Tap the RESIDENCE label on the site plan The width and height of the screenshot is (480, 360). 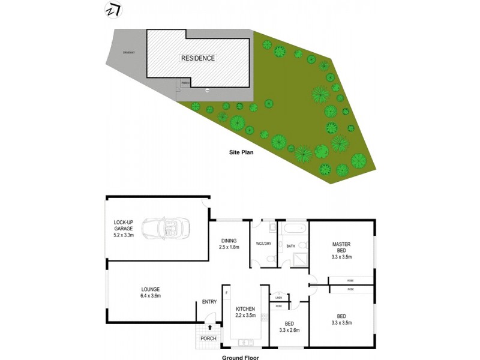click(198, 58)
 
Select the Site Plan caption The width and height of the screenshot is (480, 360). click(242, 152)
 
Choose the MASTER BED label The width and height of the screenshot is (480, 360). click(341, 247)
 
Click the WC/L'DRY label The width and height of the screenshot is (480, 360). click(264, 243)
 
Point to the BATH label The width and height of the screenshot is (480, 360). click(290, 246)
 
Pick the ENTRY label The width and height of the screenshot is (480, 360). click(209, 302)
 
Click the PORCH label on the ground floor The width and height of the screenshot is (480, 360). click(208, 339)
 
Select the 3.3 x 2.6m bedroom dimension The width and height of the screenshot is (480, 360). click(289, 330)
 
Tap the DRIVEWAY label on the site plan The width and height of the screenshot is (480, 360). click(128, 53)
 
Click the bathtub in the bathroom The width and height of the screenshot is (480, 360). click(293, 229)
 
